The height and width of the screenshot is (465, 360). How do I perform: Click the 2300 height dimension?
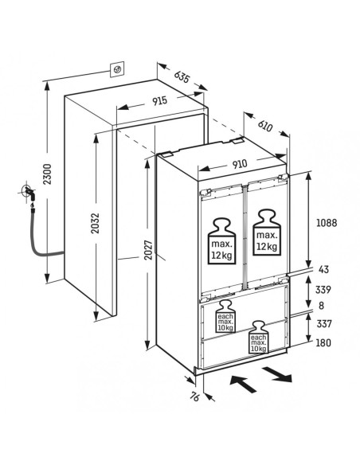click(x=47, y=174)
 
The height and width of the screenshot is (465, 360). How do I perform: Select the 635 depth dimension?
click(x=182, y=76)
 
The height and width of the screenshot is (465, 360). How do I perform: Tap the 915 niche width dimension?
click(x=160, y=101)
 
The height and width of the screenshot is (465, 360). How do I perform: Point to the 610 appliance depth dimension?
click(x=264, y=126)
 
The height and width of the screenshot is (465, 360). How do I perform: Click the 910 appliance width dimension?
click(x=240, y=164)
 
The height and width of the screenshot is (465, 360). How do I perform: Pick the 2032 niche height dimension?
click(x=96, y=223)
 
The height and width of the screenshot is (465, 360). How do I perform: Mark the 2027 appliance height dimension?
click(x=148, y=250)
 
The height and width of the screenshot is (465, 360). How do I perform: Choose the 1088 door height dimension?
click(x=327, y=223)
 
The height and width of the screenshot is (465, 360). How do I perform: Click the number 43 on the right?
click(x=323, y=269)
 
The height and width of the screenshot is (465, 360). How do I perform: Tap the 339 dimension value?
click(x=323, y=290)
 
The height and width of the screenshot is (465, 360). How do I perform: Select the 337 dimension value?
click(x=324, y=324)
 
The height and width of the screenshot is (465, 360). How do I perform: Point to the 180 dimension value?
click(x=323, y=343)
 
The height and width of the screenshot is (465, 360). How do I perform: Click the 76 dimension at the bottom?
click(x=194, y=397)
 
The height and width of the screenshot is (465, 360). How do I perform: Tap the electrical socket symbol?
click(x=117, y=70)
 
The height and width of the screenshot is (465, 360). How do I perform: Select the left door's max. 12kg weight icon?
click(x=221, y=241)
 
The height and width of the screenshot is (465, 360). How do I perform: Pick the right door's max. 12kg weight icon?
click(x=267, y=232)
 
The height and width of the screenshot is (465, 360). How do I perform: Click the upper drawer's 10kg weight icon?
click(x=225, y=316)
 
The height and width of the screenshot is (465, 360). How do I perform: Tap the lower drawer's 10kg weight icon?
click(x=259, y=337)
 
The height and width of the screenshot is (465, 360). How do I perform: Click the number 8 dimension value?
click(x=322, y=306)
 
